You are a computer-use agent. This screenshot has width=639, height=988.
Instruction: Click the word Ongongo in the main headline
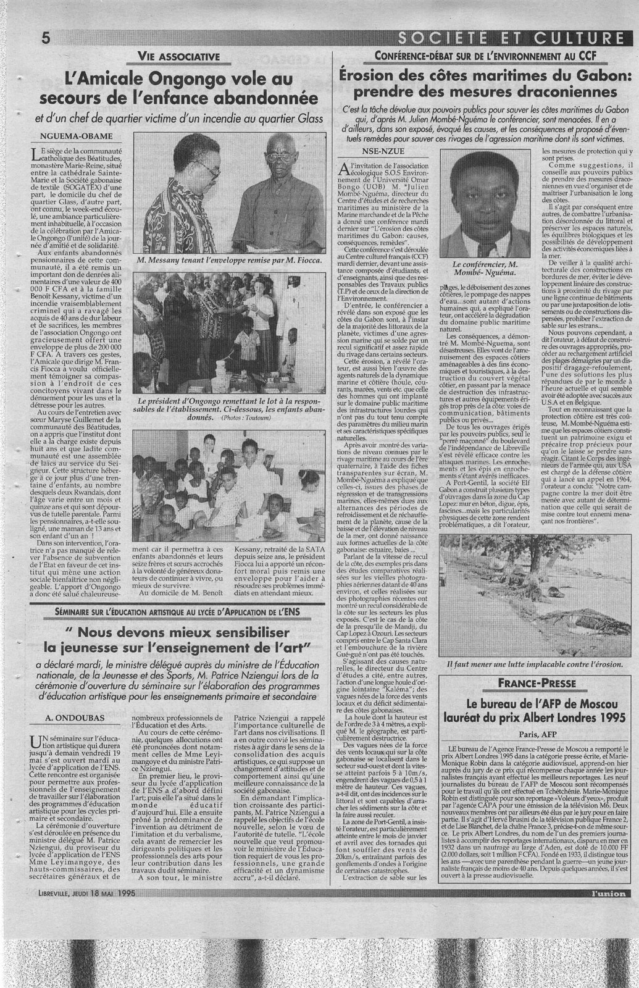pyautogui.click(x=159, y=80)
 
